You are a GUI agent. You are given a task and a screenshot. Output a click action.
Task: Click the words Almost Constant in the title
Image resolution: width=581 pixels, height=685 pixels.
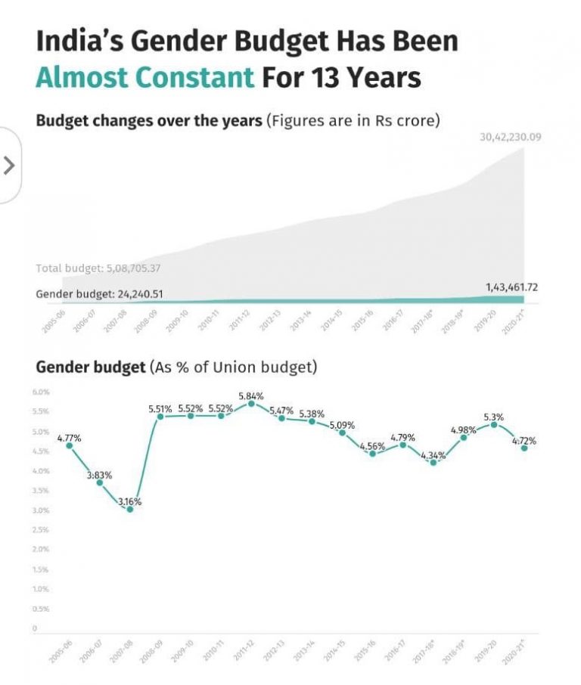pyautogui.click(x=144, y=77)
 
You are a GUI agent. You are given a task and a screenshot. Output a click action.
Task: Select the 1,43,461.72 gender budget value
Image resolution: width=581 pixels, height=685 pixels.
pyautogui.click(x=512, y=288)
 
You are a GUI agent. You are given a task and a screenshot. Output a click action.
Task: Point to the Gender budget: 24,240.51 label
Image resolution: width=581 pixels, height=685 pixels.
pyautogui.click(x=99, y=294)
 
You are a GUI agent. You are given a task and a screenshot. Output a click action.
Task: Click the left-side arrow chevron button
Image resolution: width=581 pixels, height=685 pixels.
pyautogui.click(x=9, y=166)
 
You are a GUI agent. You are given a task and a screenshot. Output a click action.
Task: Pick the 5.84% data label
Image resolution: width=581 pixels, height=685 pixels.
pyautogui.click(x=250, y=396)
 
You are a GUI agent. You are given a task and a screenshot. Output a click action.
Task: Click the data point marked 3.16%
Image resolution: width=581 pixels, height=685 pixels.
pyautogui.click(x=130, y=509)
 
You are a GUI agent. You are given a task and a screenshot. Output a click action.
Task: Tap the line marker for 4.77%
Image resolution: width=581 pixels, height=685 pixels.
pyautogui.click(x=70, y=445)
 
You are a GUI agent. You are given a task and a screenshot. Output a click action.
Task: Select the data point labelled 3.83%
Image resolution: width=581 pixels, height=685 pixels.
pyautogui.click(x=99, y=482)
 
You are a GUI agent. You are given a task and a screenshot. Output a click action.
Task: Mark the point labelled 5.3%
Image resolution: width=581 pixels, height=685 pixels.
pyautogui.click(x=494, y=424)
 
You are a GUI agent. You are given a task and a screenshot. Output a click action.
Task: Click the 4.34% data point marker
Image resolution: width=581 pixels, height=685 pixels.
pyautogui.click(x=433, y=462)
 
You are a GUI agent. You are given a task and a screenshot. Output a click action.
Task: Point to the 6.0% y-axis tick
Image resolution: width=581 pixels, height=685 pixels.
pyautogui.click(x=41, y=392)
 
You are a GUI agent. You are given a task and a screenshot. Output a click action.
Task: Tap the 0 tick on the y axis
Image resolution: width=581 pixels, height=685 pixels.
pyautogui.click(x=35, y=628)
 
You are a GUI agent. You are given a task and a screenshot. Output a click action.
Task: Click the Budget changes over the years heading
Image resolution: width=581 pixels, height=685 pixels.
pyautogui.click(x=149, y=120)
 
